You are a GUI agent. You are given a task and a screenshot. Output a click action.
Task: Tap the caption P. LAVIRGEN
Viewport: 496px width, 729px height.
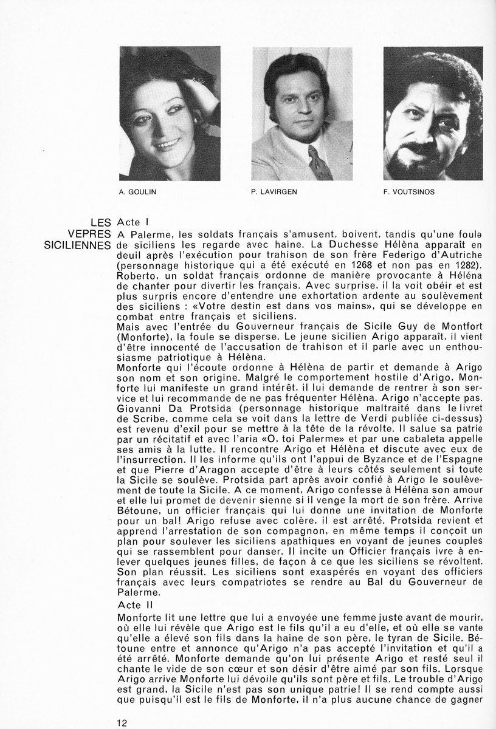point(269,192)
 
